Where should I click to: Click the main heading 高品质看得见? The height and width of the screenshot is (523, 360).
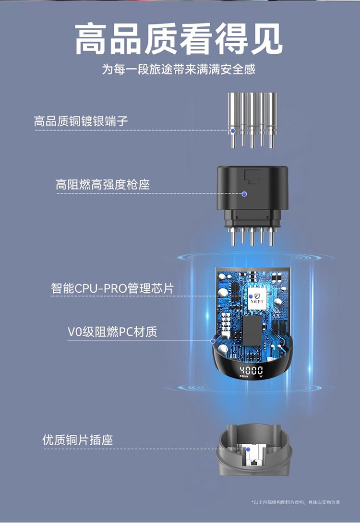179,39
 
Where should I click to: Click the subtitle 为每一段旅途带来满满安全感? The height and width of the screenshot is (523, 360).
179,70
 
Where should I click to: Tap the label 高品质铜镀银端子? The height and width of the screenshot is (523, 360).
81,121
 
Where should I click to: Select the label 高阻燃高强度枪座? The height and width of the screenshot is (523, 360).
103,184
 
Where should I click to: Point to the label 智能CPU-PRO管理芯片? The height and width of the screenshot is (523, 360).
112,288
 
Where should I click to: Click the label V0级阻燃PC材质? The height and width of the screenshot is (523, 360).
112,332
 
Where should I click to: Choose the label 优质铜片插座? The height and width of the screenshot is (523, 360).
77,440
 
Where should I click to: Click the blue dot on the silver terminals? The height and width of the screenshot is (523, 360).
233,130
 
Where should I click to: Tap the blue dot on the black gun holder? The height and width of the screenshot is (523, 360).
244,194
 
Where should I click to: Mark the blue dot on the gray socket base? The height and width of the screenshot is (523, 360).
248,450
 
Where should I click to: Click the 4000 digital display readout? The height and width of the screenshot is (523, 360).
251,370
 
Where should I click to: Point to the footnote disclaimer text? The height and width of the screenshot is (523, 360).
296,502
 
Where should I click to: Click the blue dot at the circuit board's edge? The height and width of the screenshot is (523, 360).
213,341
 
